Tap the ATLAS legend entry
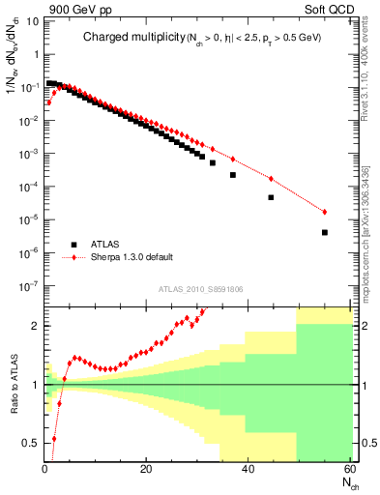tap(105, 245)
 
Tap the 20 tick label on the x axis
tap(146, 468)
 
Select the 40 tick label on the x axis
tap(248, 468)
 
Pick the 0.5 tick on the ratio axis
tap(30, 444)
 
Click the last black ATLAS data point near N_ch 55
tap(324, 232)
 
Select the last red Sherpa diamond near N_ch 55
tap(324, 212)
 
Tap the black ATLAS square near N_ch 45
tap(271, 197)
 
